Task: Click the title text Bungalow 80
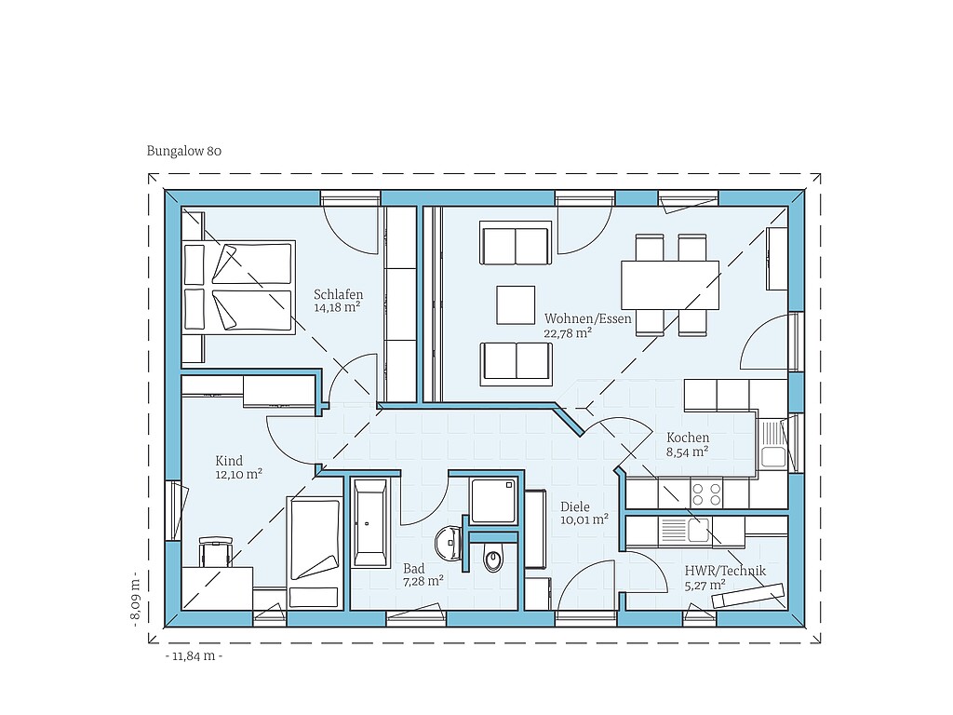tap(184, 151)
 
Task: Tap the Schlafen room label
tap(338, 295)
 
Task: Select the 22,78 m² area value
tap(568, 333)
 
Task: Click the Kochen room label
tap(688, 438)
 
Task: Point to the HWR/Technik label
tap(725, 571)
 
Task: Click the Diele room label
tap(575, 506)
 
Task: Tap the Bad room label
tap(414, 569)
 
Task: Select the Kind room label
tap(229, 461)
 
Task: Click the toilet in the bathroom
tap(493, 559)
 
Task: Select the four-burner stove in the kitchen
tap(706, 493)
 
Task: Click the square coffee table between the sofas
tap(516, 305)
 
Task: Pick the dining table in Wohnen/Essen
tap(670, 285)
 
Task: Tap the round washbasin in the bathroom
tap(449, 543)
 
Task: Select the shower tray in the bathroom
tap(493, 501)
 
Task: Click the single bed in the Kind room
tap(315, 553)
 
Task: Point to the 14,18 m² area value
tap(337, 307)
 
